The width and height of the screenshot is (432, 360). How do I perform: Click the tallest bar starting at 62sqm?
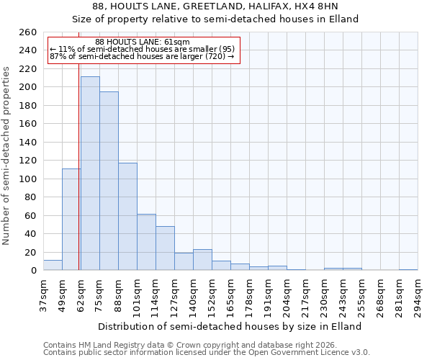(90, 174)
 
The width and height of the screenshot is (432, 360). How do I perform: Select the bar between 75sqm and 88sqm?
(109, 181)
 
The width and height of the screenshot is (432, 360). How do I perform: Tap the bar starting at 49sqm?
(71, 220)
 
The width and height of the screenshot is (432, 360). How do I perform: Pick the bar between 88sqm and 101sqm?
(127, 217)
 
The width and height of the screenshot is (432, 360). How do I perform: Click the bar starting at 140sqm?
(202, 260)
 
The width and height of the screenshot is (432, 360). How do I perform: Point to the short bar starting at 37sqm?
(53, 265)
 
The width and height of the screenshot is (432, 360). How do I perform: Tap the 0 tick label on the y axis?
(33, 271)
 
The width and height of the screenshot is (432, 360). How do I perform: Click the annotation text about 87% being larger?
(142, 56)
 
